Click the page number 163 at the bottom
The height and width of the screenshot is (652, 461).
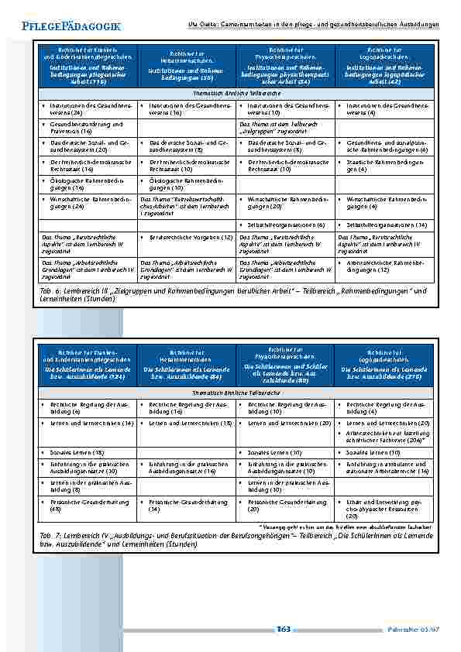tap(283, 629)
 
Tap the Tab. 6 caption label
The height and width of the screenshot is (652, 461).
tap(47, 291)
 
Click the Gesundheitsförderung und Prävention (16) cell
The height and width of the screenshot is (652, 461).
tap(86, 127)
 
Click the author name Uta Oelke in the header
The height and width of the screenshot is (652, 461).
tap(204, 25)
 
